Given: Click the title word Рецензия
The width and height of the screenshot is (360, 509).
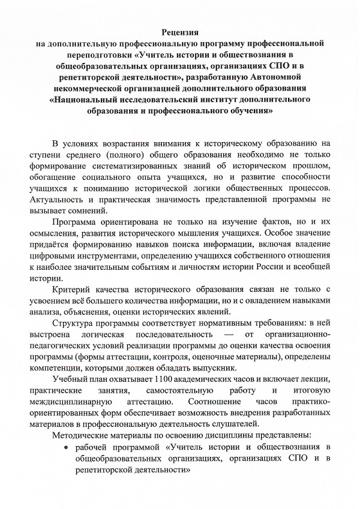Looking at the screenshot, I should (180, 32).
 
